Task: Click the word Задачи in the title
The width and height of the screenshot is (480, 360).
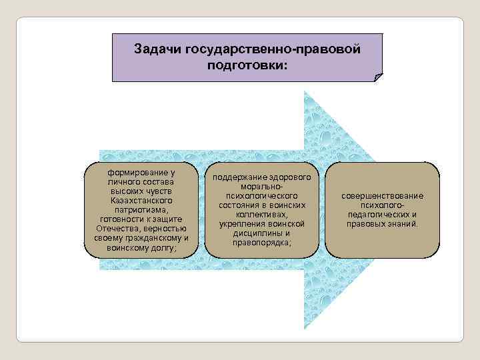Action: coord(158,49)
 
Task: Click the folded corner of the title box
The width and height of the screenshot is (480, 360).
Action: coord(379,77)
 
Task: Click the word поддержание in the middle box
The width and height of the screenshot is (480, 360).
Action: coord(240,178)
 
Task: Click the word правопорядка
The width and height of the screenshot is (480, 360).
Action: coord(261,243)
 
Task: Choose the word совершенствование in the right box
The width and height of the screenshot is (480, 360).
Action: coord(382,196)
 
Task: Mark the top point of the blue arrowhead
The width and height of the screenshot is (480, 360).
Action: coord(305,91)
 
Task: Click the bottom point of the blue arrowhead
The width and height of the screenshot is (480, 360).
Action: coord(305,329)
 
